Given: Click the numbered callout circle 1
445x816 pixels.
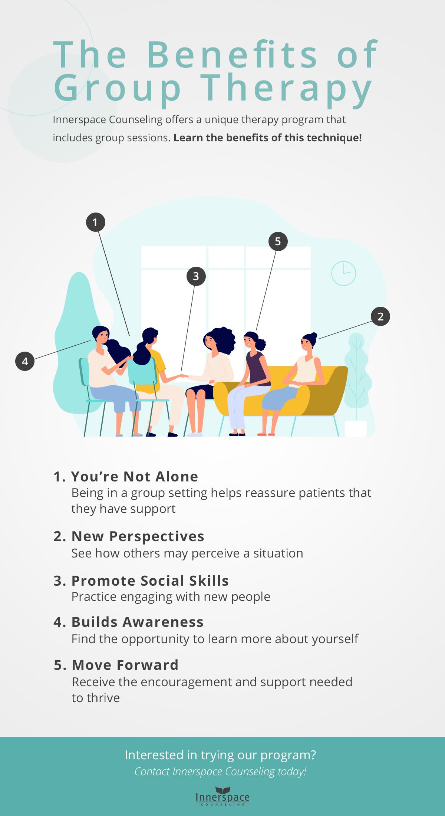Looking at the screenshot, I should click(96, 222).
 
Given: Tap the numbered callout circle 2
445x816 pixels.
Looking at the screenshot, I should click(380, 316).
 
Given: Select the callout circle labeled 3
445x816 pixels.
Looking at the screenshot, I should click(196, 276).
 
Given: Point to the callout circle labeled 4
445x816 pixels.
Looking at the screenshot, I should click(25, 361).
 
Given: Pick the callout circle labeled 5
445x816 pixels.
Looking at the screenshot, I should click(278, 241).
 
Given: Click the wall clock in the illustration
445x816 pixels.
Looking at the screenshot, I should click(343, 273).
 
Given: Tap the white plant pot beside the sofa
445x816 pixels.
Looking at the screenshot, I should click(356, 428).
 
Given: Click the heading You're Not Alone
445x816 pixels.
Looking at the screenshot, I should click(134, 477).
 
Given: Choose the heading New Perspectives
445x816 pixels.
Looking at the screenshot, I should click(138, 536).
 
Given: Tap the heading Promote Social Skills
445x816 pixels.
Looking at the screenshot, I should click(150, 581).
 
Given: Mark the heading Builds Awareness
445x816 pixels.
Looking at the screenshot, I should click(137, 622).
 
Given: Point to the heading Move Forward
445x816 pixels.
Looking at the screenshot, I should click(125, 665).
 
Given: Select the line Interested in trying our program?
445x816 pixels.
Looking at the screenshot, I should click(220, 755).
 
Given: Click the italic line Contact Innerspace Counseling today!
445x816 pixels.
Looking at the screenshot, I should click(220, 771).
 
